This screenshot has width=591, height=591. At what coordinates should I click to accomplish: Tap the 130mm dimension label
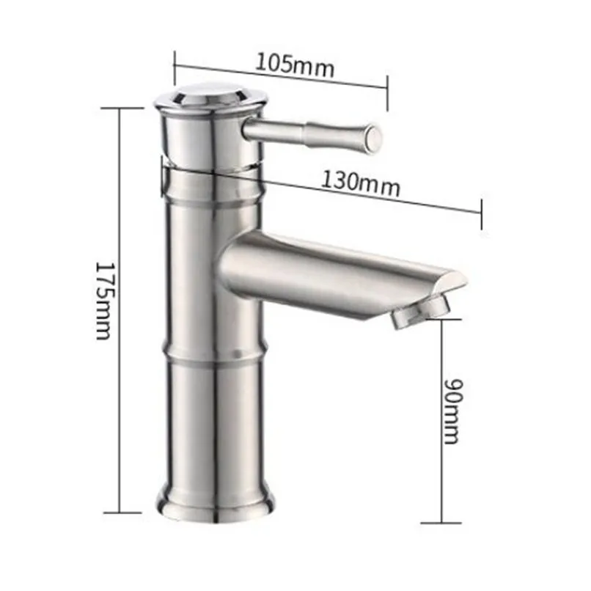point(360,184)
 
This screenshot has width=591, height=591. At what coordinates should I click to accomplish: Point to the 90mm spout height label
point(452,411)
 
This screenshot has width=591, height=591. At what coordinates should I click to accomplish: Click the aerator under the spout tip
point(422,312)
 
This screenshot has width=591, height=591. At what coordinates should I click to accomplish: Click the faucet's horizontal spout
point(339,278)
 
